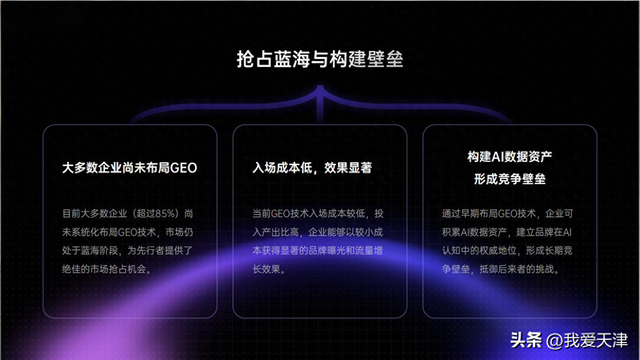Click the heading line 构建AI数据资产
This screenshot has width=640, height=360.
click(508, 158)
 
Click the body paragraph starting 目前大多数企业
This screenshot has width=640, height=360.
click(129, 241)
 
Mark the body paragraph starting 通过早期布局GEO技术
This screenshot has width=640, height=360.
click(508, 241)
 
